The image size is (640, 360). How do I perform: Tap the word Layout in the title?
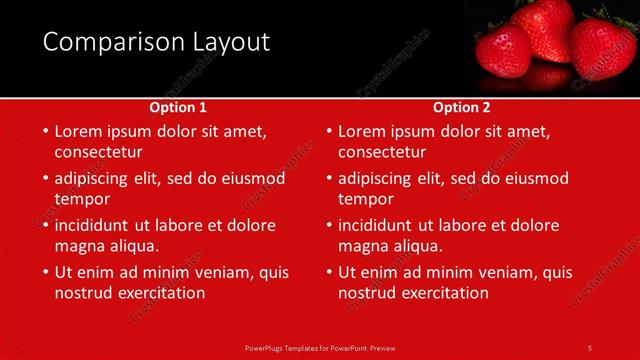pos(232,42)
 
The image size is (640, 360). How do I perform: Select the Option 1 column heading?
pos(178,107)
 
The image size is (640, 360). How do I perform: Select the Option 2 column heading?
pos(462,107)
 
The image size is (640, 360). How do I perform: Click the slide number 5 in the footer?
pos(590,347)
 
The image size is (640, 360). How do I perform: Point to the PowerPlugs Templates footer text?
pos(320,347)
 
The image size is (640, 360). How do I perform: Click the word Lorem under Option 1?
pos(80,131)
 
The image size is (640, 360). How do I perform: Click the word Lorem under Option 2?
pos(364,131)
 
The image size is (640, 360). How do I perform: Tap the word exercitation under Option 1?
pos(158,293)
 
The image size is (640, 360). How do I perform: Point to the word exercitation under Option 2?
pos(442,293)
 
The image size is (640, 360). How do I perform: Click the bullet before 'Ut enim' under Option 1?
pos(45,272)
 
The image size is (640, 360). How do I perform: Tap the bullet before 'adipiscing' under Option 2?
pos(329,179)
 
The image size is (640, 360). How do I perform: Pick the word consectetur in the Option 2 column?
pos(382,152)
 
